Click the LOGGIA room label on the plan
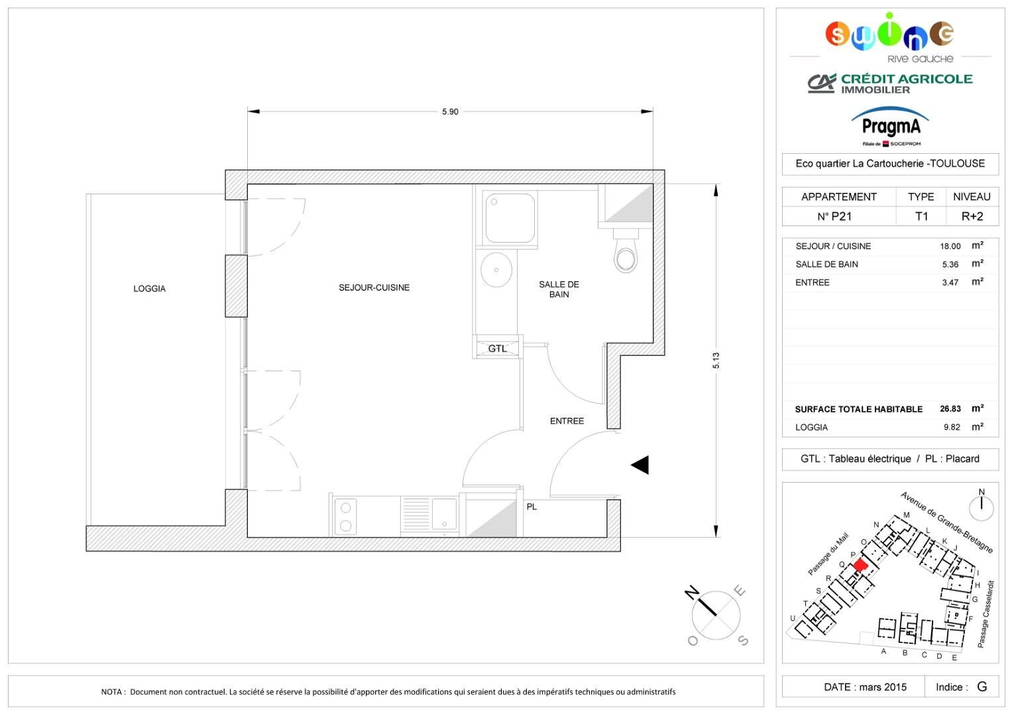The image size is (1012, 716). pyautogui.click(x=149, y=288)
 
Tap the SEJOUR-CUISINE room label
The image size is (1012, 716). pyautogui.click(x=374, y=288)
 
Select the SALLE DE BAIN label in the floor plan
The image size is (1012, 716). pyautogui.click(x=559, y=289)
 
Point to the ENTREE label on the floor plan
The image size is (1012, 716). pyautogui.click(x=567, y=421)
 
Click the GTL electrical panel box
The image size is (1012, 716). pyautogui.click(x=498, y=348)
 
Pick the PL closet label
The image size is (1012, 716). pyautogui.click(x=532, y=507)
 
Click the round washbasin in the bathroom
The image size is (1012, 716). pyautogui.click(x=496, y=270)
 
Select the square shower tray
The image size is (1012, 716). pyautogui.click(x=510, y=218)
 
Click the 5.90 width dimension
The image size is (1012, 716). pyautogui.click(x=450, y=111)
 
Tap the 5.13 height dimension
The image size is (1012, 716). pyautogui.click(x=716, y=360)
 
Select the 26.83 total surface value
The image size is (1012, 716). pyautogui.click(x=950, y=408)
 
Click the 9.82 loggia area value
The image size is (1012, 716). pyautogui.click(x=952, y=427)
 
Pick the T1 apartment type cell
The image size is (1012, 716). pyautogui.click(x=921, y=217)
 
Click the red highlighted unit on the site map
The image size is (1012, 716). pyautogui.click(x=860, y=566)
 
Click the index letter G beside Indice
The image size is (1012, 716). pyautogui.click(x=982, y=687)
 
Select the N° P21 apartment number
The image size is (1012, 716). pyautogui.click(x=834, y=217)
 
